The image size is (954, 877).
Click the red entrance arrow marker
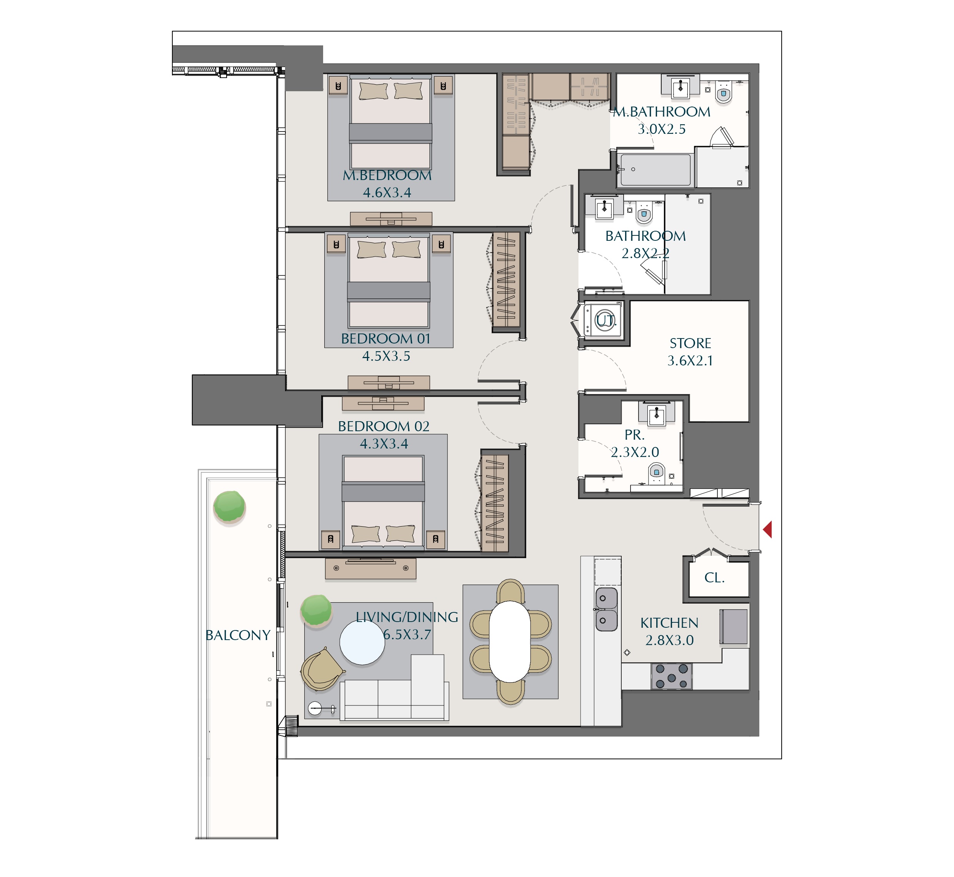point(767,529)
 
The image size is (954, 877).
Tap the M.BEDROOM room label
point(387,175)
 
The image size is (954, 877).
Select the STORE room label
point(690,343)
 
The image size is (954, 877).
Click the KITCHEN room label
point(669,623)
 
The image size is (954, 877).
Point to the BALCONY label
point(238,635)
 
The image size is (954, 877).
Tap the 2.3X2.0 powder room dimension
point(635,452)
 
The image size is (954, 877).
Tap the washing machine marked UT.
point(603,320)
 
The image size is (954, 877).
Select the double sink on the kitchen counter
point(607,609)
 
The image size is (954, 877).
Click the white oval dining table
point(510,641)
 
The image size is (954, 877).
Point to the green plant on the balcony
point(229,507)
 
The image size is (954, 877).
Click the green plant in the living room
point(316,611)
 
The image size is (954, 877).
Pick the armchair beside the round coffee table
point(322,669)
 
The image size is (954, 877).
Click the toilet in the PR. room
point(656,473)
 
